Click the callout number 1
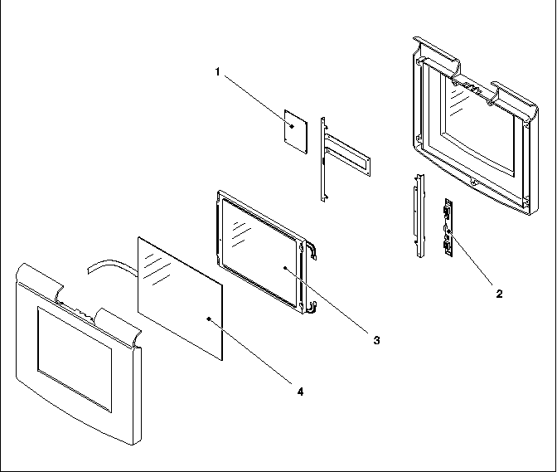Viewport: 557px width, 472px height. (217, 72)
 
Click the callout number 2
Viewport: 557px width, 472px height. (499, 293)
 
